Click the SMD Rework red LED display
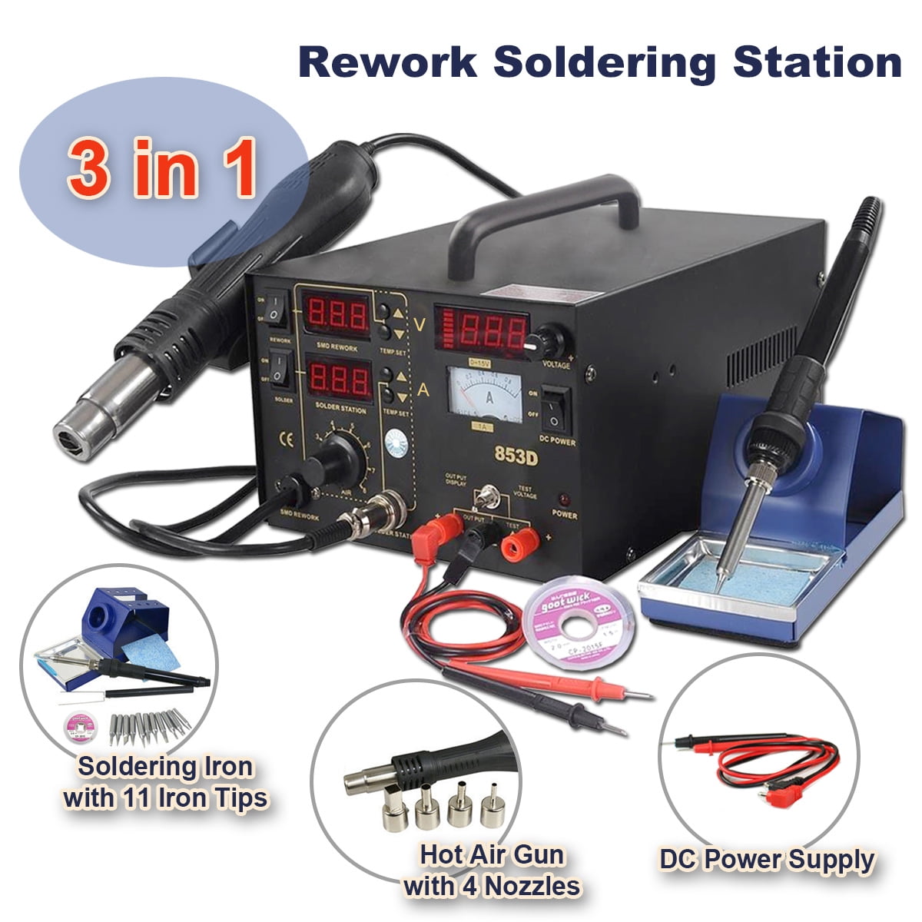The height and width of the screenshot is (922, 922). point(335,314)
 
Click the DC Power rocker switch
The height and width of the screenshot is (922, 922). point(557,406)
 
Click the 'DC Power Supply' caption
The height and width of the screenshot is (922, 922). point(766,860)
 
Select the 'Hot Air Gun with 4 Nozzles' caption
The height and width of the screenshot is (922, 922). point(492,871)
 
